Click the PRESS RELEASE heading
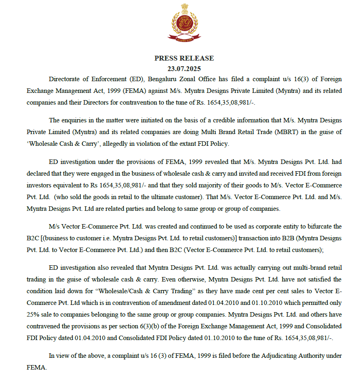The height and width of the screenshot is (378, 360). pos(184,58)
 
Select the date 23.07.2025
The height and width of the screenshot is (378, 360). pos(184,69)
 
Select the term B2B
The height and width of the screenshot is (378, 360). pos(274,238)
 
